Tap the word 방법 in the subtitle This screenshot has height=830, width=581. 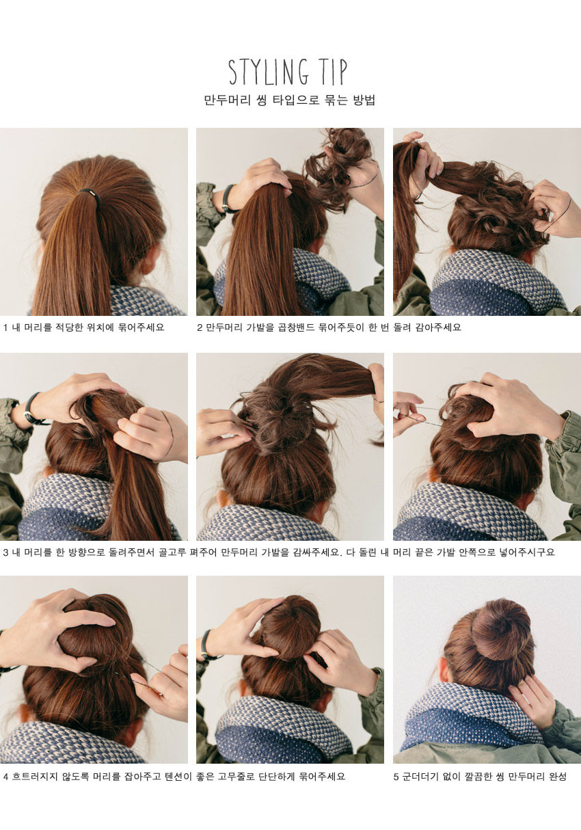[x=364, y=101]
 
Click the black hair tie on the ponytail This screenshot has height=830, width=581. [x=90, y=194]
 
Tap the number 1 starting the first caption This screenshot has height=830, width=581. [x=5, y=327]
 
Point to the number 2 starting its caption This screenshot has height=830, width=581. [x=200, y=327]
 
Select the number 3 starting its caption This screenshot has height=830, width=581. [x=5, y=552]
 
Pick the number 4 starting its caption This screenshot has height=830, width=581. [x=5, y=777]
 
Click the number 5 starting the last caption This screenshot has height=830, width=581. [x=396, y=777]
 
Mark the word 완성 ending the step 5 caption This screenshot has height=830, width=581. [x=556, y=777]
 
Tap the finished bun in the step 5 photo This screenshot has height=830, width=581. [x=500, y=629]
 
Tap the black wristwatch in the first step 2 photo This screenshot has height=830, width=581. [x=226, y=198]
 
